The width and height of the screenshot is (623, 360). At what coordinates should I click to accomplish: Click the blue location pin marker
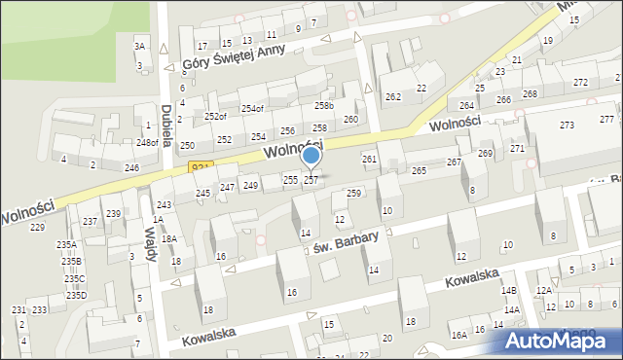[311, 156]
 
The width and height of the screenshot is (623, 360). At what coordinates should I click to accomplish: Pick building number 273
[567, 126]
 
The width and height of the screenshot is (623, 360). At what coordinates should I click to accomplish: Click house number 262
[393, 96]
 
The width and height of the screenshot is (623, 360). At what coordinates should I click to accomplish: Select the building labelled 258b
[324, 105]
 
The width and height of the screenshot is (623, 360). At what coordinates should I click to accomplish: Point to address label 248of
[147, 143]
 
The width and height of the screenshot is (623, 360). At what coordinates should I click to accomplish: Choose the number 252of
[215, 117]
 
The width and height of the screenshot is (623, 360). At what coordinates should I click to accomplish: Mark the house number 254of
[252, 109]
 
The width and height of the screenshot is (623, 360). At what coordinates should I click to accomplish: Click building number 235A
[66, 245]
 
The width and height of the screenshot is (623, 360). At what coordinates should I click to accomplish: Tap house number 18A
[168, 238]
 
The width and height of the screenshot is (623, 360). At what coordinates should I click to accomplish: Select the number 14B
[508, 290]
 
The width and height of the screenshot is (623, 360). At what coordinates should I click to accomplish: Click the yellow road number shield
[200, 168]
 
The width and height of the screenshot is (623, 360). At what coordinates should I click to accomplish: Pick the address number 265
[419, 170]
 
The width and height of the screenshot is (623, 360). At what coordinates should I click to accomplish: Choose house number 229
[37, 227]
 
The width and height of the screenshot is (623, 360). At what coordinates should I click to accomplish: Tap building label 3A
[139, 46]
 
